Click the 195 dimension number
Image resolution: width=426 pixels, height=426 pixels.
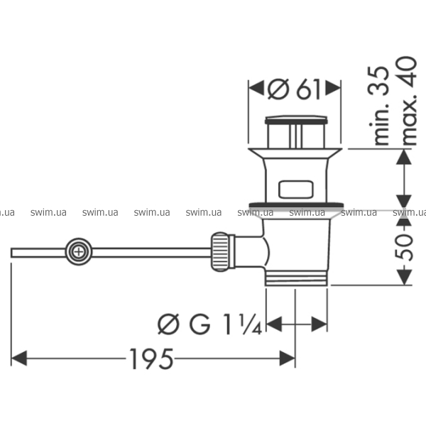[x=151, y=359]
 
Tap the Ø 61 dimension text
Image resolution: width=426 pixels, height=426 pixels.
[x=294, y=89]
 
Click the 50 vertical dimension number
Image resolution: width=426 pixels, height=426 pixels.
[x=404, y=247]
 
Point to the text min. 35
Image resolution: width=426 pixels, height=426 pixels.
[x=378, y=105]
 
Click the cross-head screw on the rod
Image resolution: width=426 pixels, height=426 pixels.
[x=79, y=252]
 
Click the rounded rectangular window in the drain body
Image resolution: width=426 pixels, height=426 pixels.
[x=295, y=190]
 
